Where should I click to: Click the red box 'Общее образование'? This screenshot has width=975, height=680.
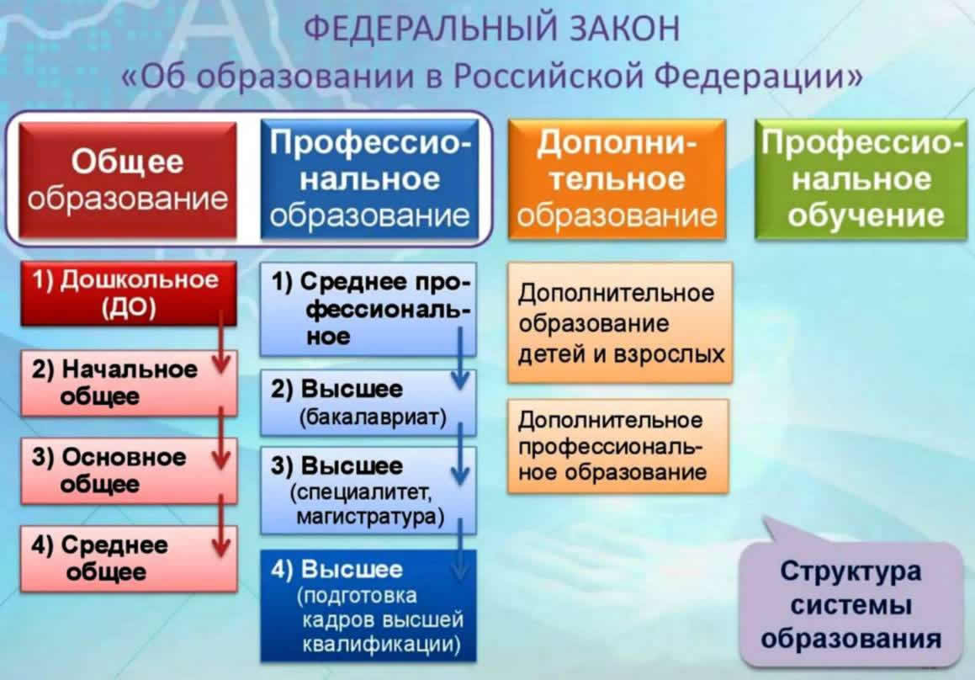(128, 180)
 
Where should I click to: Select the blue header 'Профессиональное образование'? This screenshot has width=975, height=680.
(370, 180)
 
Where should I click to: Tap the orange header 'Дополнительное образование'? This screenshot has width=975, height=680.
(617, 180)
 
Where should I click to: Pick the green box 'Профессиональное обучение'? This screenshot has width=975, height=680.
(861, 180)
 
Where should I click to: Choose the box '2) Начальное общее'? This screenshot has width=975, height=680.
(129, 383)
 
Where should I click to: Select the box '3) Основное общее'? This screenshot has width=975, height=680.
(129, 471)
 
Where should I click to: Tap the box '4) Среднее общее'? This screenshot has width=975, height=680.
(129, 559)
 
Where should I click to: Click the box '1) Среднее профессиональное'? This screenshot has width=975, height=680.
(368, 309)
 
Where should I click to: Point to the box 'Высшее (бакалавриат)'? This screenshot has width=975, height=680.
(368, 402)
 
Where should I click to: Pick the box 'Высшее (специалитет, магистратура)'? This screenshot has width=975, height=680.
(368, 491)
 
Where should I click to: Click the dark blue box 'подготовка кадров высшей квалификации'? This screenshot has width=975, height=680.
(368, 605)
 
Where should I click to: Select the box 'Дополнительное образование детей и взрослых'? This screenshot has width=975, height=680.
(620, 323)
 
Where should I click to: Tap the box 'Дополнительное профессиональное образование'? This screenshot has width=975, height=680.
(618, 447)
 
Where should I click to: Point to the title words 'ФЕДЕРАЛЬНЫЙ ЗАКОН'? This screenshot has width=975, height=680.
(492, 29)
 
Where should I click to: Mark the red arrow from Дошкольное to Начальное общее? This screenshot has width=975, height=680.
(221, 342)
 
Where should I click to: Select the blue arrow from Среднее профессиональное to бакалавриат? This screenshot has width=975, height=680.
(460, 359)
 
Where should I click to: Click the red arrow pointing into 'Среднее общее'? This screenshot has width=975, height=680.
(221, 525)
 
